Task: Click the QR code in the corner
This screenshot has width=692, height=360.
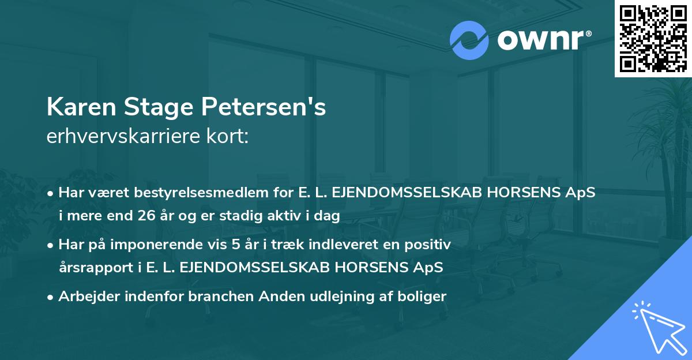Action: point(653,38)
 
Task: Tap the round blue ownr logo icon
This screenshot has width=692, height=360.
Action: point(469,40)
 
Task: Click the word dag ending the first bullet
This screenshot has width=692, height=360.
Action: point(329,216)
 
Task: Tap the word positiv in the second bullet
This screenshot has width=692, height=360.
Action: point(430,245)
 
